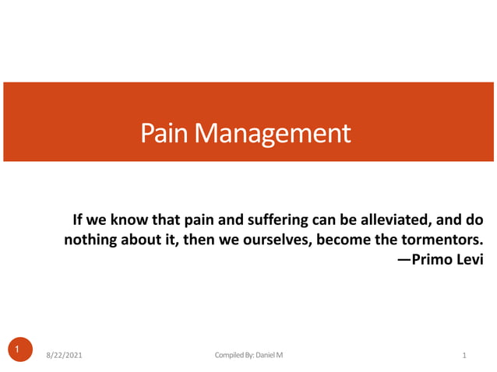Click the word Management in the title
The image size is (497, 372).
(x=273, y=133)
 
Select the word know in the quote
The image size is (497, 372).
(x=138, y=219)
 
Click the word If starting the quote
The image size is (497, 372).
(x=78, y=219)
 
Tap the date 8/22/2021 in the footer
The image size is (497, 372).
(x=63, y=356)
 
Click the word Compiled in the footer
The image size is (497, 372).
(x=230, y=356)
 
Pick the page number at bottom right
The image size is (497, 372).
(x=464, y=356)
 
